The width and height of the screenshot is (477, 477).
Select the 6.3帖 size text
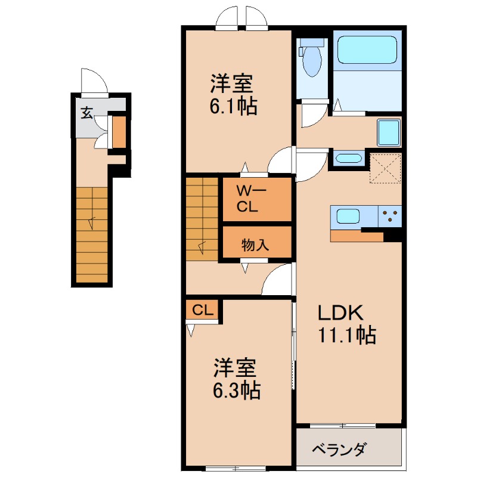(x=236, y=391)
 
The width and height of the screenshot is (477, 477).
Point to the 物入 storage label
(x=256, y=244)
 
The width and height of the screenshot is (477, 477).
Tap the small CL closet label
(x=203, y=310)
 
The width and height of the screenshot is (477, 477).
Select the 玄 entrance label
(x=87, y=112)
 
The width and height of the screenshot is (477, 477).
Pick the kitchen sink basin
(x=346, y=215)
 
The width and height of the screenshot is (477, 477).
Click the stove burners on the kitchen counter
(x=391, y=215)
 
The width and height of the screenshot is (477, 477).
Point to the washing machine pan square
(x=390, y=132)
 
